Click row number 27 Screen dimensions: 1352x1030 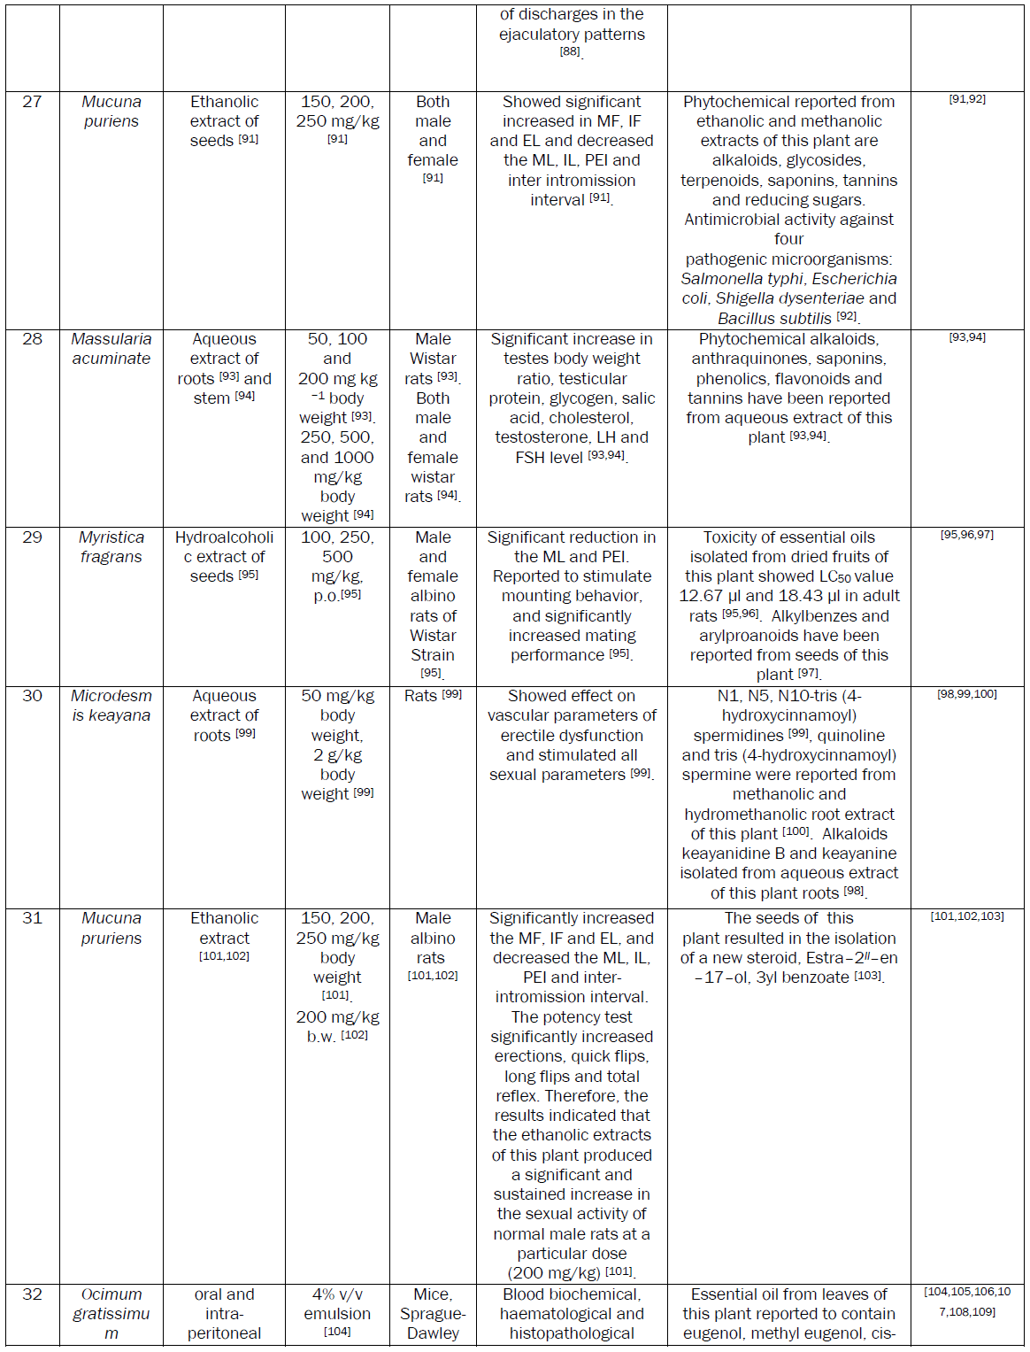click(x=32, y=102)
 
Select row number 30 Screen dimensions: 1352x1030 click(x=32, y=696)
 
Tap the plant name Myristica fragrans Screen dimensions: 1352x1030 click(x=111, y=547)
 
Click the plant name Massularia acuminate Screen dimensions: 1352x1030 click(x=111, y=349)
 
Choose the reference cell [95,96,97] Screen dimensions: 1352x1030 click(x=966, y=535)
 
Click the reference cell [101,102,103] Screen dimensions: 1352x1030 click(x=966, y=916)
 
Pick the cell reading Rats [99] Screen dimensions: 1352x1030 click(x=433, y=696)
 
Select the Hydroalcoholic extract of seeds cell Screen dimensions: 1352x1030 click(x=224, y=556)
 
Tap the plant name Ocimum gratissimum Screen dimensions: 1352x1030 click(x=111, y=1313)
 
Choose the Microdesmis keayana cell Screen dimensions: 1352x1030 click(x=111, y=706)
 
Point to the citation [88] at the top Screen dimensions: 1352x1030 click(x=570, y=51)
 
